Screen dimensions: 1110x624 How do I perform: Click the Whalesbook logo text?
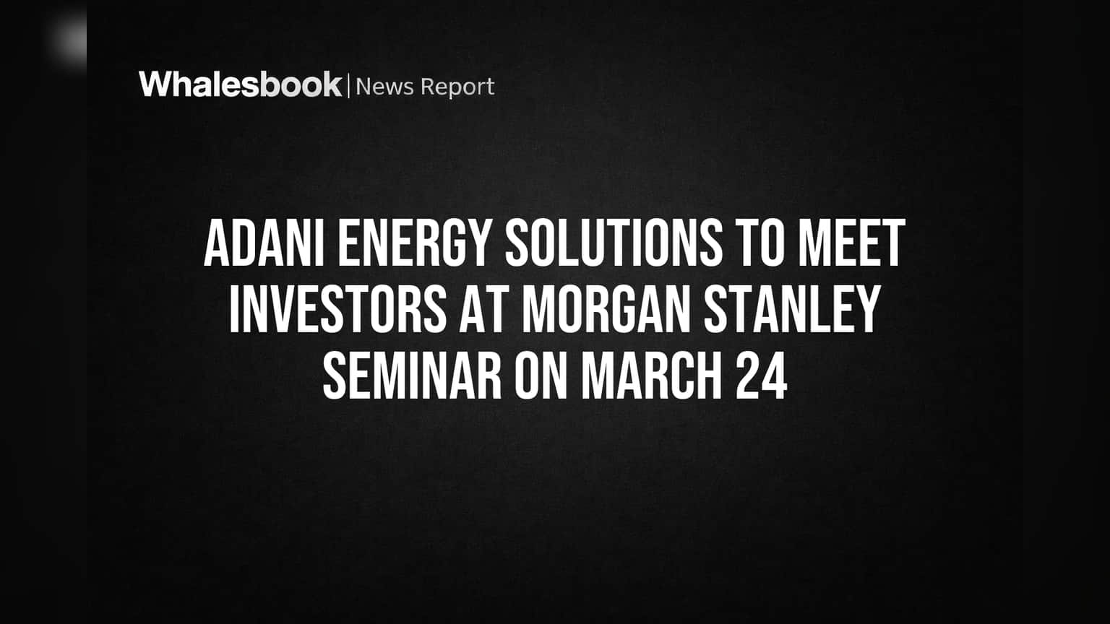(241, 84)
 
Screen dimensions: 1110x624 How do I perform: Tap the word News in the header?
(384, 87)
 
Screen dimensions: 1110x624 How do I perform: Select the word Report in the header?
(457, 87)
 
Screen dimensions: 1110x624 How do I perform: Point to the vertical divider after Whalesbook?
(349, 86)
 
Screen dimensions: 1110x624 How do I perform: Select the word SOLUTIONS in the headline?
(614, 243)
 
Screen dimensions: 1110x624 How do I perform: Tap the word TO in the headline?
(762, 243)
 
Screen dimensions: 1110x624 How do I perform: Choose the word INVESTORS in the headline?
(337, 309)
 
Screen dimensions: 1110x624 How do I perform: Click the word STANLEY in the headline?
(792, 309)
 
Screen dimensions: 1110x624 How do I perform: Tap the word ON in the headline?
(541, 376)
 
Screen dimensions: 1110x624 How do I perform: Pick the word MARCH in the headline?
(652, 376)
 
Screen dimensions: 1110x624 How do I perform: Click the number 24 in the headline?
(762, 376)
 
